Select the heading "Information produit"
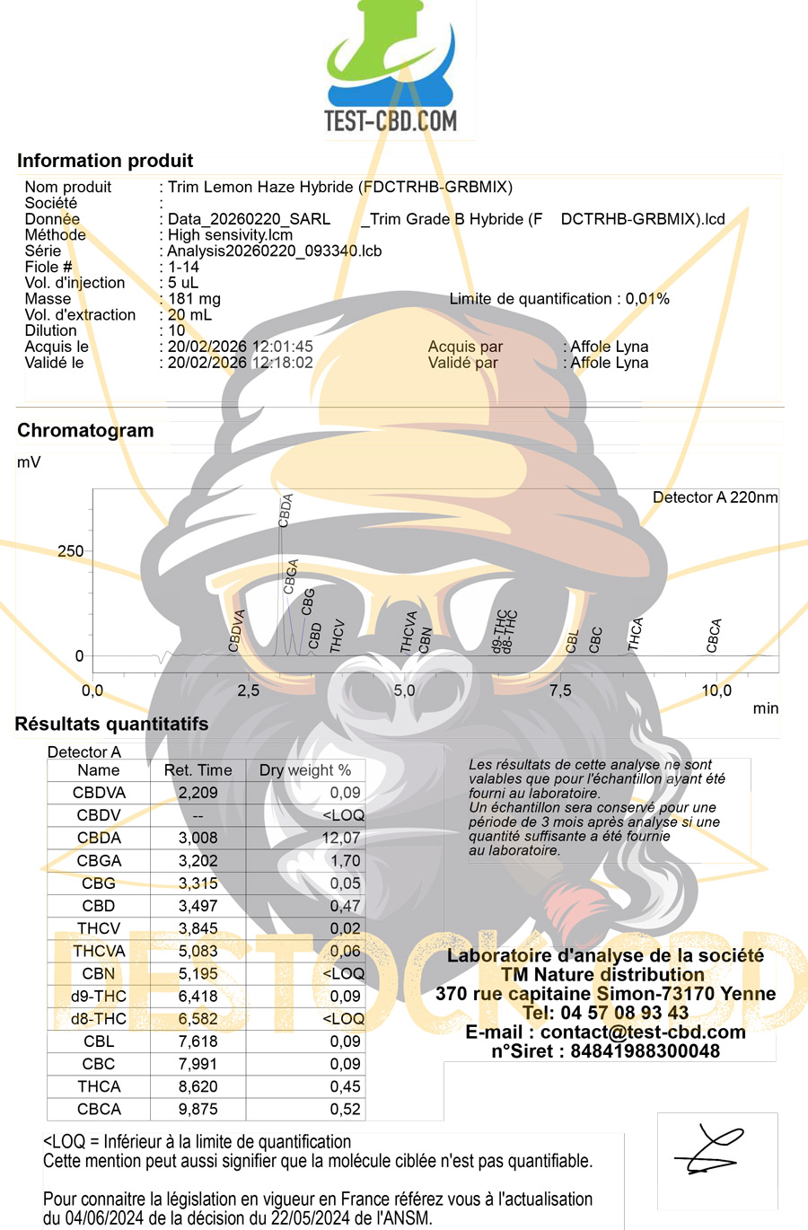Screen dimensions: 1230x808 [x=105, y=161]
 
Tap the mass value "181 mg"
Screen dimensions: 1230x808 [x=194, y=299]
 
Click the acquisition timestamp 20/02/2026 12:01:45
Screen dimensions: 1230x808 [x=240, y=347]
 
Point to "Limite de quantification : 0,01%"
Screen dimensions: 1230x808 [x=559, y=299]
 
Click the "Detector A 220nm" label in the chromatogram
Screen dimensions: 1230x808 [x=715, y=497]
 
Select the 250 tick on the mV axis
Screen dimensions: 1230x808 [x=71, y=551]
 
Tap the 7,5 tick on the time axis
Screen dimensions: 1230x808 [x=560, y=690]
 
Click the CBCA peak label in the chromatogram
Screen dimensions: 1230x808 [x=715, y=636]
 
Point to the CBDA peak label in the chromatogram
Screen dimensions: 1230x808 [x=286, y=510]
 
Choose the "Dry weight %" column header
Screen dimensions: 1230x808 [x=305, y=770]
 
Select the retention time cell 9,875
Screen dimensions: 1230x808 [x=198, y=1109]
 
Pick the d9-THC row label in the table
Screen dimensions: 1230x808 [x=99, y=996]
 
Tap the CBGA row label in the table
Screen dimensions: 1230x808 [x=99, y=860]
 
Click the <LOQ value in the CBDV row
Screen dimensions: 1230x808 [x=344, y=815]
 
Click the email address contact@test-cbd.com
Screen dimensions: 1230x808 [x=643, y=1032]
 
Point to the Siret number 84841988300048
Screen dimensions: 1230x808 [x=645, y=1051]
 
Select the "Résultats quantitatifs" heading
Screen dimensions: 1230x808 [x=111, y=725]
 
